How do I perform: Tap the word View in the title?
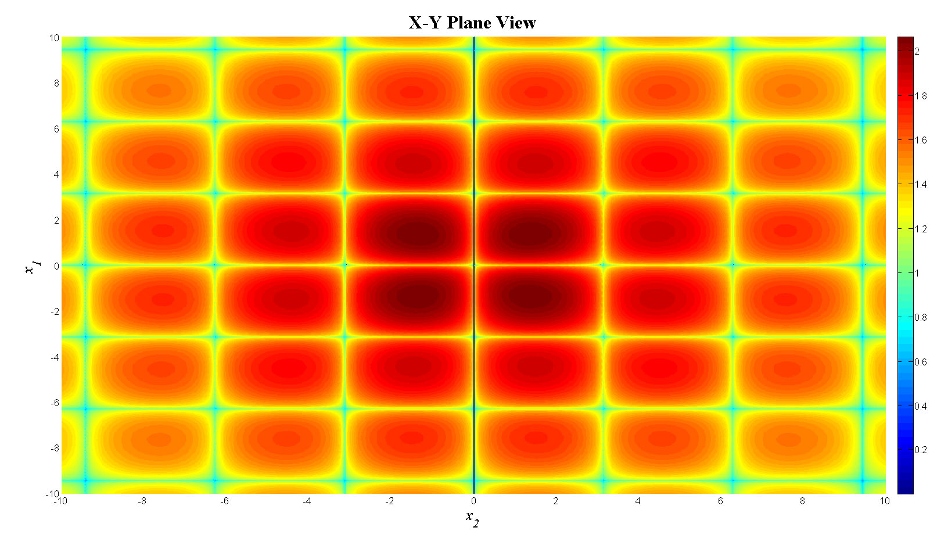tap(517, 23)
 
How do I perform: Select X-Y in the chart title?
tap(426, 23)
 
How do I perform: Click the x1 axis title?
tap(33, 267)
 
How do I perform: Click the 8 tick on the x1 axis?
tap(56, 84)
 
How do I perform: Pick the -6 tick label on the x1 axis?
tap(55, 403)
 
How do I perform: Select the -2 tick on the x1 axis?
tap(55, 312)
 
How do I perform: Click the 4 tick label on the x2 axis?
tap(638, 501)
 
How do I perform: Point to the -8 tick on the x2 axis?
tap(142, 501)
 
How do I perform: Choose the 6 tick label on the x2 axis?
tap(720, 501)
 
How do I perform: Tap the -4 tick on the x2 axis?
tap(307, 501)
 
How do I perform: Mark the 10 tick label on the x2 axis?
tap(884, 501)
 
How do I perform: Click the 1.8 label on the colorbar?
tap(921, 96)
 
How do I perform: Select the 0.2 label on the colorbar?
tap(921, 450)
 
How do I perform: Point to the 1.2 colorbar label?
tap(921, 229)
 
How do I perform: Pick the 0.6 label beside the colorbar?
tap(921, 362)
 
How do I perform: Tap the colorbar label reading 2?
tap(917, 52)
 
